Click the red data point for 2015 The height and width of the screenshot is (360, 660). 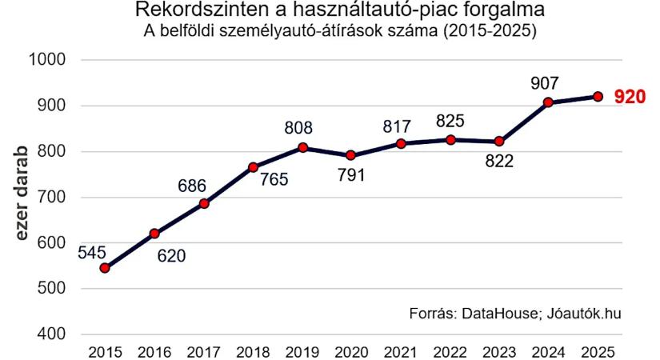click(x=104, y=268)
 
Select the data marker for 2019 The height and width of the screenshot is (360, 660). click(x=302, y=147)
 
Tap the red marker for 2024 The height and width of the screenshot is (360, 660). click(x=548, y=102)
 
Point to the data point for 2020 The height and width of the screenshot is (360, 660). click(x=350, y=155)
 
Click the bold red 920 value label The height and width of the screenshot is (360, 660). click(x=630, y=98)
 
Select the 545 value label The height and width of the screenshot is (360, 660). click(x=93, y=251)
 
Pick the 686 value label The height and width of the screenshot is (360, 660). click(x=192, y=186)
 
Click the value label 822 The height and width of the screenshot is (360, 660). click(x=498, y=162)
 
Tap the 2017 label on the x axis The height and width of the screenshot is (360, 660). click(x=203, y=352)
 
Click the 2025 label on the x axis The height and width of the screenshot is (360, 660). click(x=598, y=352)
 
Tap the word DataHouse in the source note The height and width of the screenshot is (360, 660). click(x=498, y=313)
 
